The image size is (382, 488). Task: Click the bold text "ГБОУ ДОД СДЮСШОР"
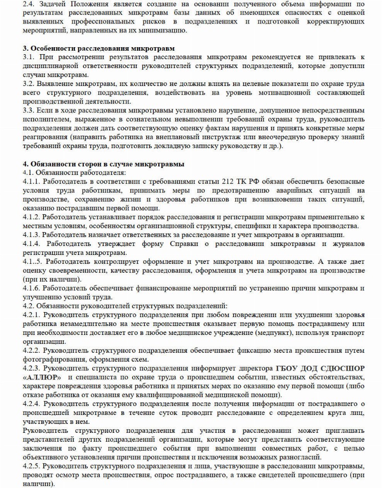[320, 368]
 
